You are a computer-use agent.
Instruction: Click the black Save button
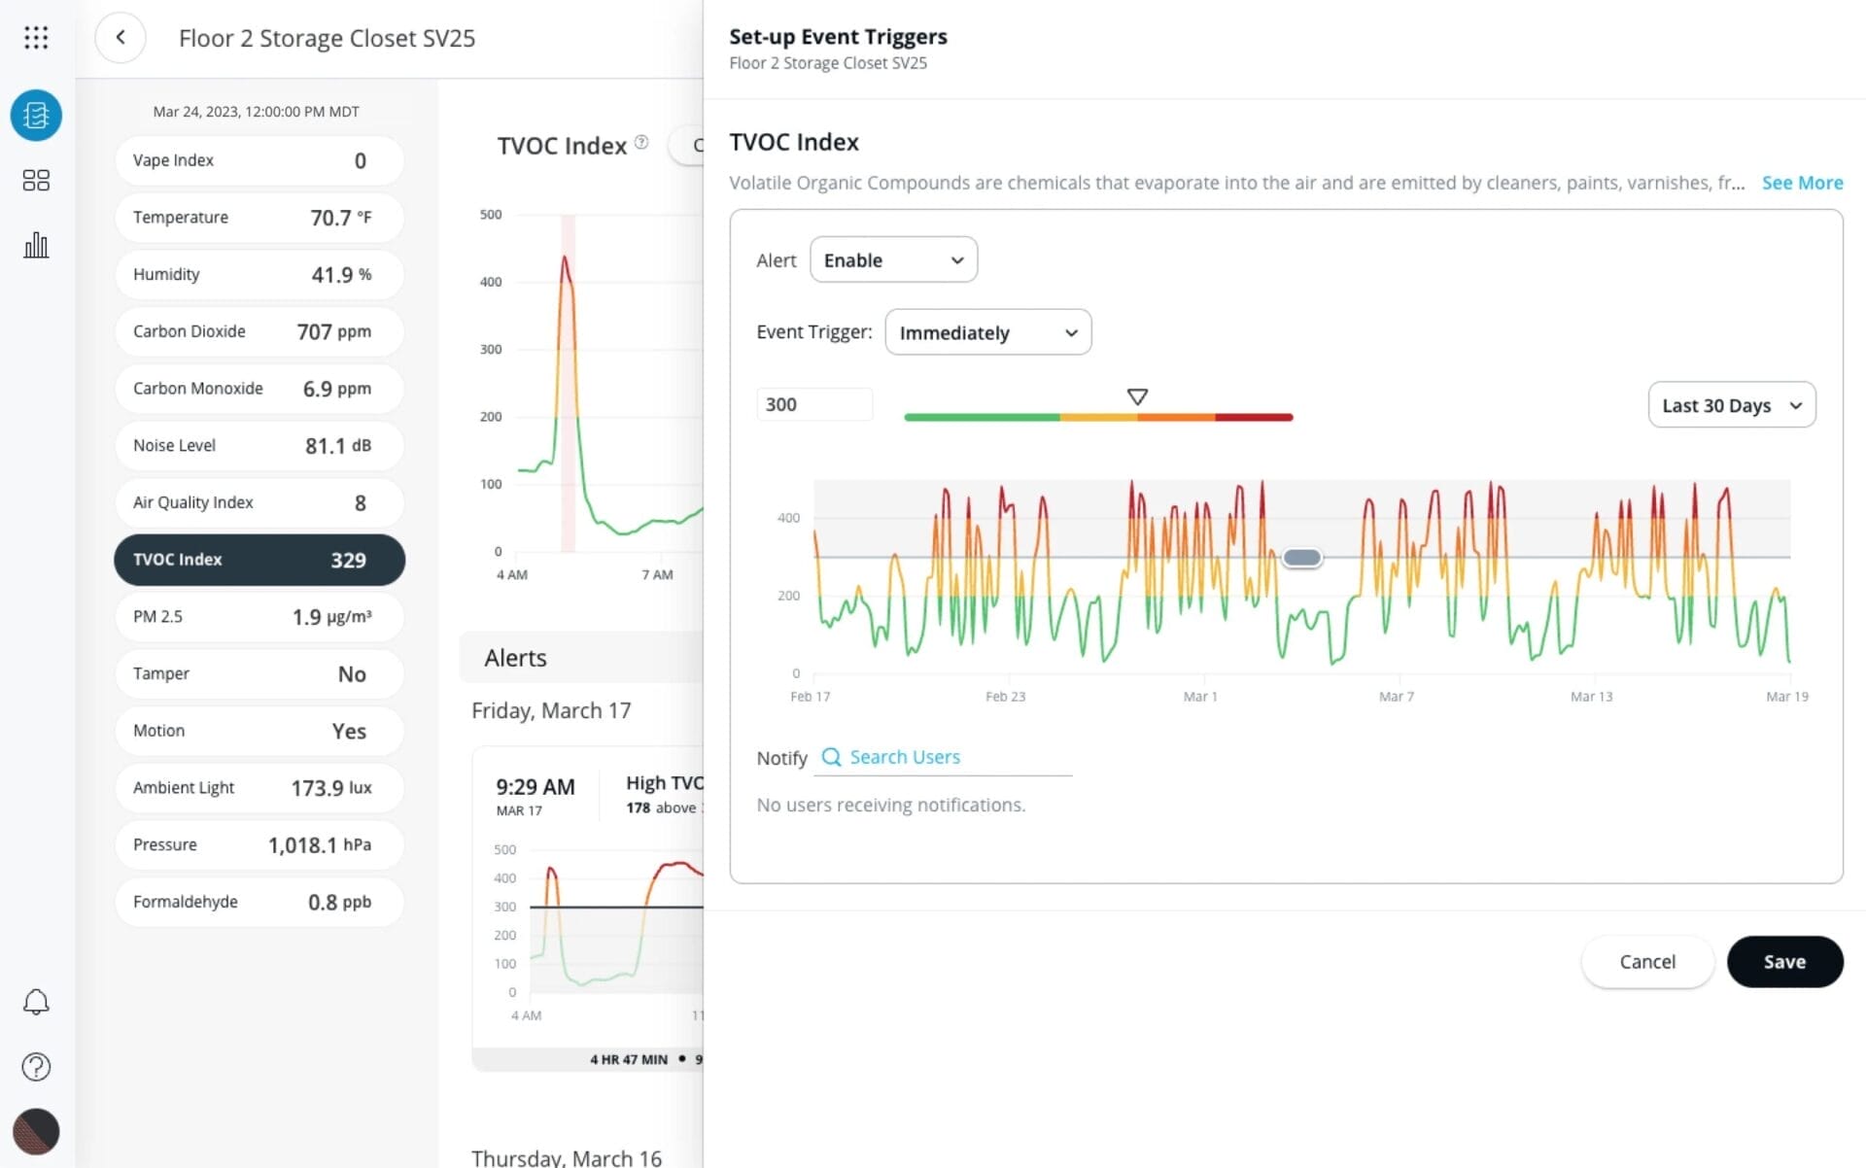(1783, 961)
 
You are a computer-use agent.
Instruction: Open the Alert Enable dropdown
(892, 259)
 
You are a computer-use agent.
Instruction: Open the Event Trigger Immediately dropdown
(986, 332)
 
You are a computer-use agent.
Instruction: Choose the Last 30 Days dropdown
(1730, 405)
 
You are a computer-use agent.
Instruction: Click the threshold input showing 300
(813, 404)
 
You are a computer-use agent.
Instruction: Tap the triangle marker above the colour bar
(1136, 396)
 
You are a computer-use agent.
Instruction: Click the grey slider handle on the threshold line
(1301, 558)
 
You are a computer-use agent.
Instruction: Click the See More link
(1801, 183)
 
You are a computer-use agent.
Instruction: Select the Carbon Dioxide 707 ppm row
(258, 331)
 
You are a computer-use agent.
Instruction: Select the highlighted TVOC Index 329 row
(258, 560)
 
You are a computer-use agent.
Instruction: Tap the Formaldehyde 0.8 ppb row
(258, 902)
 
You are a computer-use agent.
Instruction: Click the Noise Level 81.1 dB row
(258, 445)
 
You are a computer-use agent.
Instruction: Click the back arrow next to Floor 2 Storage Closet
(121, 38)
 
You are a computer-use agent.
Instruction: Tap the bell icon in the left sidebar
(36, 1002)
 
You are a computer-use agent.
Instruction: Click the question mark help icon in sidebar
(36, 1067)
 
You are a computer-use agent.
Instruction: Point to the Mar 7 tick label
(1396, 697)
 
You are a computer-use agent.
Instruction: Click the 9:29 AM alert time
(535, 787)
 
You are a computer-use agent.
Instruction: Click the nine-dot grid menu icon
(36, 38)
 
